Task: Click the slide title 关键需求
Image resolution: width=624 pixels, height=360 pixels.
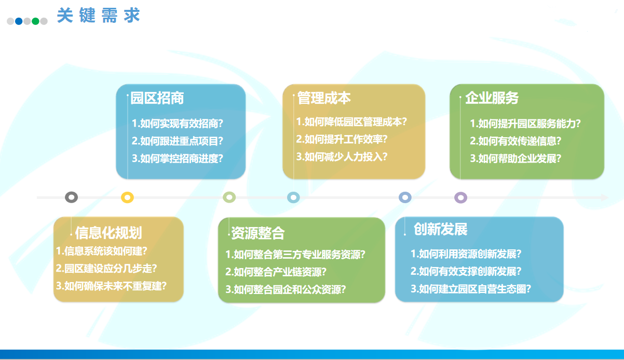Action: pos(98,15)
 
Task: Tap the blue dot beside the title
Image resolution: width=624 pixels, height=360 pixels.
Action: pos(19,21)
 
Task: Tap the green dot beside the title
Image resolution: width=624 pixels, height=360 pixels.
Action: pos(35,21)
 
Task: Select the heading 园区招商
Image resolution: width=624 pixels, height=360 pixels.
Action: pos(157,98)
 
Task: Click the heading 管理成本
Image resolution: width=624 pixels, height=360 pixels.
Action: pos(324,98)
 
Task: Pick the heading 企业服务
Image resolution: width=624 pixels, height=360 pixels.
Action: pos(492,98)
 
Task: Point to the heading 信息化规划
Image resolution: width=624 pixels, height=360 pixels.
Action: pos(108,233)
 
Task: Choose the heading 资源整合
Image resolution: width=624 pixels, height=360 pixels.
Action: pos(258,233)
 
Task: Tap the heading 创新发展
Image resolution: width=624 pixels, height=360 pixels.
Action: pos(440,229)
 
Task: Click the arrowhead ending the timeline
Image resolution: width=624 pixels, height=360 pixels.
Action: pos(605,197)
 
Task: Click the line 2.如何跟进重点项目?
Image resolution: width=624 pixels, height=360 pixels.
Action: pos(178,141)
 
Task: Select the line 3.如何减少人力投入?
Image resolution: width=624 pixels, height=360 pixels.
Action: pos(342,156)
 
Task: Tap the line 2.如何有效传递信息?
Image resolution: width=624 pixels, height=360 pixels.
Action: pos(516,141)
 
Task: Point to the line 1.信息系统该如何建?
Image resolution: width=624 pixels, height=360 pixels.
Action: pos(102,251)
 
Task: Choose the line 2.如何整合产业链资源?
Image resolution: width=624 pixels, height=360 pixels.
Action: pos(276,272)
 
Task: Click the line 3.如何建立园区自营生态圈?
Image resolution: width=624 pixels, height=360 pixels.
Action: pos(471,289)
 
